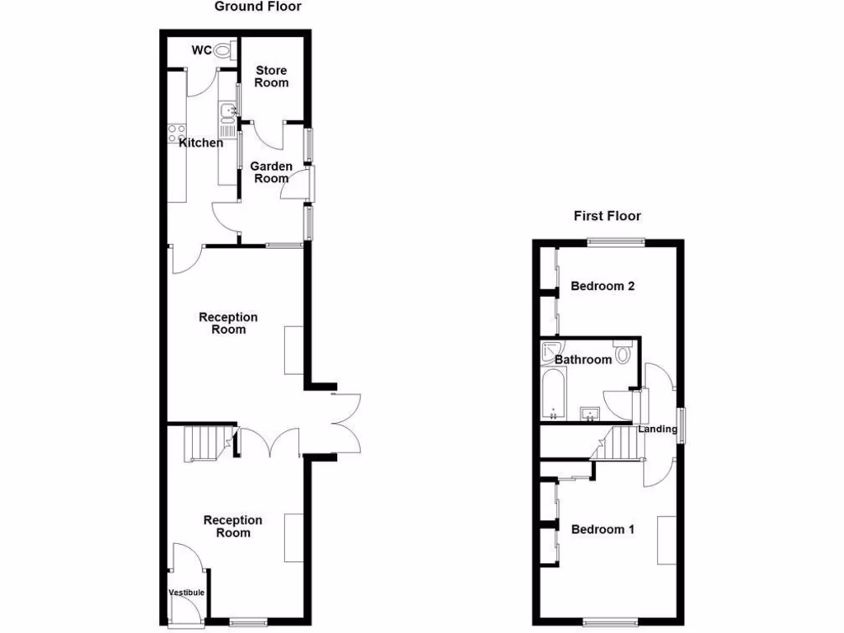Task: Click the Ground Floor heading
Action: pos(258,7)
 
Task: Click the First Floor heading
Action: pos(607,216)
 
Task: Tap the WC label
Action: pos(201,50)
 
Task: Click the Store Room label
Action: pos(271,77)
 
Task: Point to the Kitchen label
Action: pos(201,143)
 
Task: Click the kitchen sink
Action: pos(227,110)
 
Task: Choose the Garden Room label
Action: pos(271,172)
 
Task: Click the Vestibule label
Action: pos(186,593)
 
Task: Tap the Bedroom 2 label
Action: pos(603,287)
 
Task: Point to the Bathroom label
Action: pos(583,359)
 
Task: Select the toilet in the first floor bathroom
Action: pos(622,354)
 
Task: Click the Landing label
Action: pos(657,429)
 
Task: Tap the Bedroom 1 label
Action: pos(603,529)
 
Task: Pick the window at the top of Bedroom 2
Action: pos(615,241)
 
